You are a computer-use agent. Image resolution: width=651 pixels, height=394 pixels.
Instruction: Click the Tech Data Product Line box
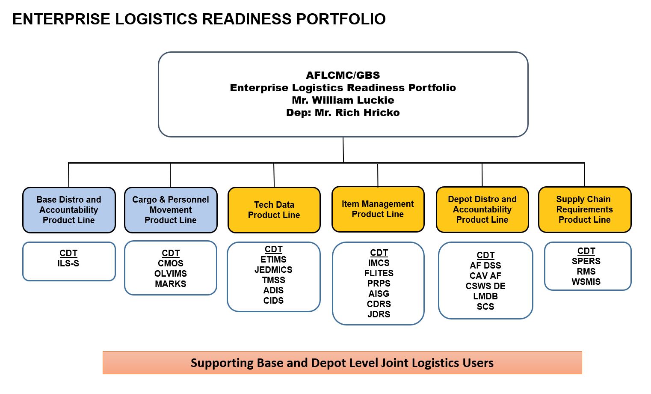274,210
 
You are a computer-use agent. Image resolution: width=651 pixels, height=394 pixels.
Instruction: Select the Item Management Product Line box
378,209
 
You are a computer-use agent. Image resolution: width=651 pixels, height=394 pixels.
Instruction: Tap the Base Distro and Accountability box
69,210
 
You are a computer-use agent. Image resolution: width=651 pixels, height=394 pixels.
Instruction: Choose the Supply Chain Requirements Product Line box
584,209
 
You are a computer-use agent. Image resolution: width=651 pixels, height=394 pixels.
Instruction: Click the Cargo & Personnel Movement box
170,210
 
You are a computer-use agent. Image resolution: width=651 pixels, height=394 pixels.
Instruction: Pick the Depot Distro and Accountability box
482,209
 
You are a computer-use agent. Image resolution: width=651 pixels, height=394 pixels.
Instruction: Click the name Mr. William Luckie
343,100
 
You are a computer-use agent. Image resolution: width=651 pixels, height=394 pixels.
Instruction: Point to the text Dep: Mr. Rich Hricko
343,113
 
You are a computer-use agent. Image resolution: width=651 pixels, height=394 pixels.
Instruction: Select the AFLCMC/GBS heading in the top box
343,75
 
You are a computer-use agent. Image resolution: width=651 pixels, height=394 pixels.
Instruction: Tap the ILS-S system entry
68,263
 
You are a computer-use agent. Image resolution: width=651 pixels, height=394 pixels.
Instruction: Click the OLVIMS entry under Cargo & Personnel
170,274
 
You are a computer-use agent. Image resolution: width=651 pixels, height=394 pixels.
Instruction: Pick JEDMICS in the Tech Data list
273,270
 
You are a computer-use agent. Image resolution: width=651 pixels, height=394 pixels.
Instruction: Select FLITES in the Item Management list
379,273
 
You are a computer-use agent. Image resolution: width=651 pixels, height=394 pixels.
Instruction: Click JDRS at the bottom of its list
379,314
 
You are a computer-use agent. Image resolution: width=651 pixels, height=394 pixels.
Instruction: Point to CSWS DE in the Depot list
485,286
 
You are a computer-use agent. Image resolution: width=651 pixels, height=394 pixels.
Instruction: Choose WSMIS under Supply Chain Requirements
586,282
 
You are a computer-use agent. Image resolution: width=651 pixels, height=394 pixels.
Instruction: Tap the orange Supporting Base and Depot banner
342,363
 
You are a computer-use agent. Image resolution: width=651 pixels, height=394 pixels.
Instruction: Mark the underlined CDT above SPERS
586,251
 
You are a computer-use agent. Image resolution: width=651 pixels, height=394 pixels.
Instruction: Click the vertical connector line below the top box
343,150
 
